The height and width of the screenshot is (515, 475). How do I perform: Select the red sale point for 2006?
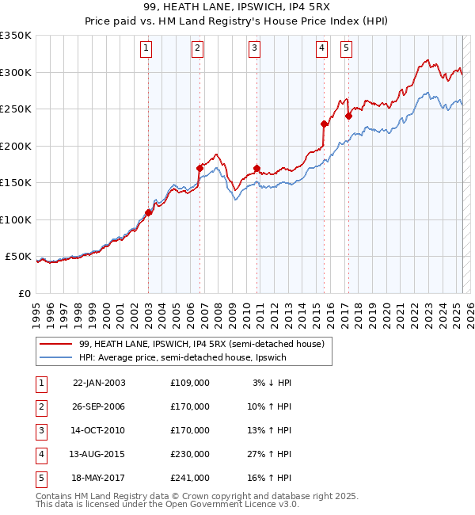click(199, 168)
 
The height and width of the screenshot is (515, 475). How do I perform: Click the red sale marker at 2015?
click(323, 124)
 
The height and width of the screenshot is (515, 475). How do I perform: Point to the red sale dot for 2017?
click(348, 116)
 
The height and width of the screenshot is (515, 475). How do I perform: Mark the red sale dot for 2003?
click(148, 212)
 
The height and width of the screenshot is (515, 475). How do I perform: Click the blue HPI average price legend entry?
click(181, 357)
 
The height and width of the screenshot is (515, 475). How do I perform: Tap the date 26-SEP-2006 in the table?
click(98, 406)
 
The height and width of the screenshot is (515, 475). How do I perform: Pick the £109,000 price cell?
click(190, 382)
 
